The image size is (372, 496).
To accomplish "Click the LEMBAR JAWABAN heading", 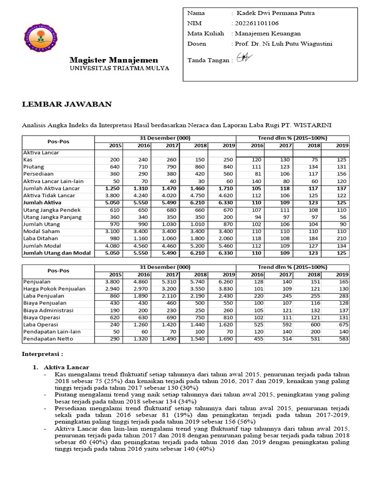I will [67, 104].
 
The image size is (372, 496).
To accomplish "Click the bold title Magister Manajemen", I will [113, 60].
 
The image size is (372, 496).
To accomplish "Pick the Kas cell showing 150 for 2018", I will [200, 159].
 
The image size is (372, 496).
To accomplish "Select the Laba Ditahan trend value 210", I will [342, 238].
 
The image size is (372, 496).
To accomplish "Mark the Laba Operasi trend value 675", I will [342, 325].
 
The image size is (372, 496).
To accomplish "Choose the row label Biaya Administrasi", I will [48, 310].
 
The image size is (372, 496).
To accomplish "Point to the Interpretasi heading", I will [43, 354].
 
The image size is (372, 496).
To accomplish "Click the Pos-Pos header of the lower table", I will [58, 270].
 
